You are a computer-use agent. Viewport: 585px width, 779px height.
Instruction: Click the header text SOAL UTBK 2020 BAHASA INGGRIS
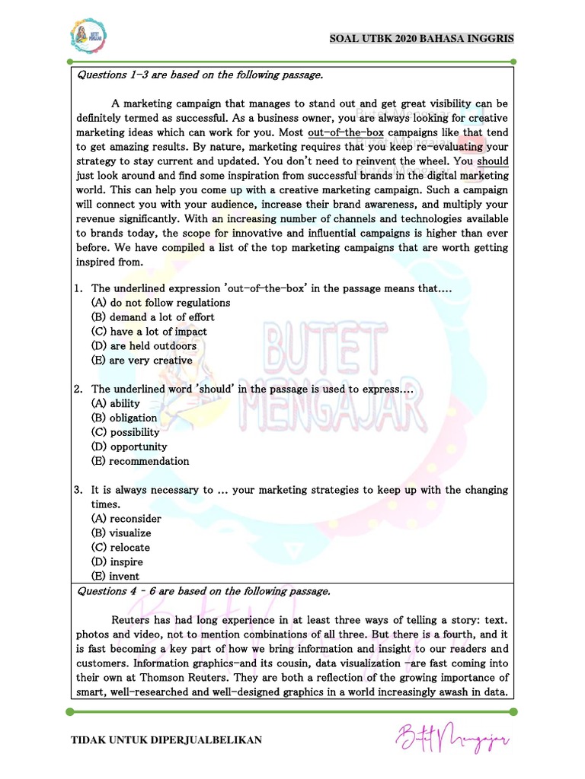click(421, 38)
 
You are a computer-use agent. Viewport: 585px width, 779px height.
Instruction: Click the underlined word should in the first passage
click(492, 161)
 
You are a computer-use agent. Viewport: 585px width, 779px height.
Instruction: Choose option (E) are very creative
click(141, 361)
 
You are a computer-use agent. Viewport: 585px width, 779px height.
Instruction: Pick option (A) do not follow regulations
click(160, 303)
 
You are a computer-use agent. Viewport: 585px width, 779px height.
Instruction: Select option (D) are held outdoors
click(143, 346)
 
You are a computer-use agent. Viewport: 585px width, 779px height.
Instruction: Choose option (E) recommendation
click(139, 461)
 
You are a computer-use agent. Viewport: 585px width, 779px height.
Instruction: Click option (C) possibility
click(125, 432)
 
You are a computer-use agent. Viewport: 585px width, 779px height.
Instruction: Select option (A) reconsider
click(126, 519)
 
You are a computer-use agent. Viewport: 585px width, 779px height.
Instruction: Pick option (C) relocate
click(120, 548)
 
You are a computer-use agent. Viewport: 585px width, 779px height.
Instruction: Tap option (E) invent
click(115, 577)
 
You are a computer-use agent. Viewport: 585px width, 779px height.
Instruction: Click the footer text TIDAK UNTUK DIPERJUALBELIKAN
click(166, 739)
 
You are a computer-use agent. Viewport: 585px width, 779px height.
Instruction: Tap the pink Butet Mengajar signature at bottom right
click(452, 736)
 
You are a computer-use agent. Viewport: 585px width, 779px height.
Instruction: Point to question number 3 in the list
click(78, 491)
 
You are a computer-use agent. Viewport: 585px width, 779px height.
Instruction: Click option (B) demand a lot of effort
click(152, 317)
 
